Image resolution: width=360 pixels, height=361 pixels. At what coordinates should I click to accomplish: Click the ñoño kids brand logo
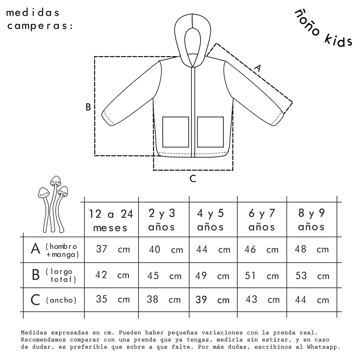(323, 29)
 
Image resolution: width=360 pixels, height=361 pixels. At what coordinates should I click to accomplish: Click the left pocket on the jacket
(176, 132)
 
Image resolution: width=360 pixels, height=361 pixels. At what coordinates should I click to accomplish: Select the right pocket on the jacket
(210, 132)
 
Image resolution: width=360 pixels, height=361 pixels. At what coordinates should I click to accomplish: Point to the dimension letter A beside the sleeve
(258, 68)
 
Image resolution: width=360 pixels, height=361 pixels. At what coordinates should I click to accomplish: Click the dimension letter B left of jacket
(88, 107)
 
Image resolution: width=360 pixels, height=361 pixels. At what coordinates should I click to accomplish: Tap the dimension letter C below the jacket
(193, 178)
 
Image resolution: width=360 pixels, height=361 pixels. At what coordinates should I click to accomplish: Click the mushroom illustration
(53, 204)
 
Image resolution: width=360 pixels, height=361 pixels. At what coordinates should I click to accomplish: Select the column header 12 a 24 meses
(111, 221)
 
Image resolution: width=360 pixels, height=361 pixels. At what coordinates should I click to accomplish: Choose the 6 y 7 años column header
(262, 220)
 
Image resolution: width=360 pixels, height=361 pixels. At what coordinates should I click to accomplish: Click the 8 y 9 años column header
(311, 220)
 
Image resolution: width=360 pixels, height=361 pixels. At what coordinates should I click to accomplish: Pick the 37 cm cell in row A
(113, 249)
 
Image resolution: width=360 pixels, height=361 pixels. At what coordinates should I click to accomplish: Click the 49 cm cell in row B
(212, 276)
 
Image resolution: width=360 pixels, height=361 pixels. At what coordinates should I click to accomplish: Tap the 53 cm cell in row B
(312, 276)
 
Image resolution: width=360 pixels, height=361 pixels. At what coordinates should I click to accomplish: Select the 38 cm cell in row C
(163, 300)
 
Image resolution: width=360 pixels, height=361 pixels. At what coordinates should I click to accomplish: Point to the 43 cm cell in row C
(262, 300)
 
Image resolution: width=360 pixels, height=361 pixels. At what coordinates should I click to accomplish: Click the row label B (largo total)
(54, 275)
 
